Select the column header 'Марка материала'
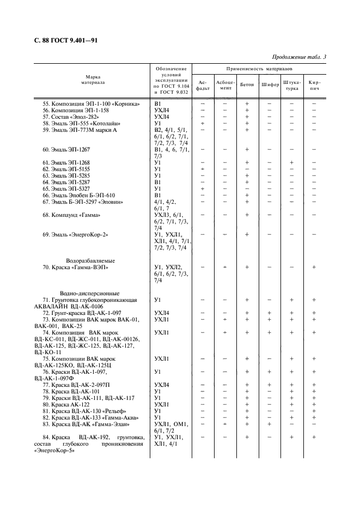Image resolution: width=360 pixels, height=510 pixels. pos(93,80)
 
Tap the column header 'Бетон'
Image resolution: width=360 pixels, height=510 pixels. pos(247,85)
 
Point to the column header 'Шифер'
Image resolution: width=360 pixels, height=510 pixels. pos(270,85)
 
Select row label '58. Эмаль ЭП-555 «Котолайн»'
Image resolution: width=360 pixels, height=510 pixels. pos(83,124)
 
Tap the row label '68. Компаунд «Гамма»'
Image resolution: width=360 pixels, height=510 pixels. pos(74,215)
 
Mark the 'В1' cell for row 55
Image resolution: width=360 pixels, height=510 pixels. pos(158,104)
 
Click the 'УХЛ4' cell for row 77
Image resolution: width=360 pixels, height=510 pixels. pos(162,385)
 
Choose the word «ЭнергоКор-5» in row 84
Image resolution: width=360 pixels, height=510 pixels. pos(54,451)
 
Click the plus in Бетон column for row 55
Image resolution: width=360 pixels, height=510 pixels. pos(247,104)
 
